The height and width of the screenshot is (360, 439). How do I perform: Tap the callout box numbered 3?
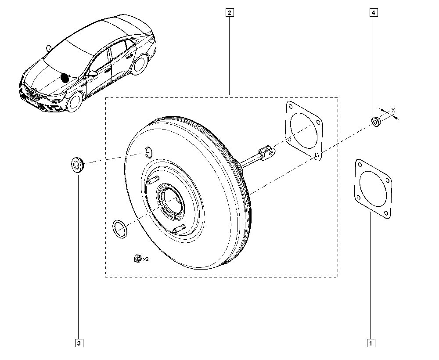(79, 342)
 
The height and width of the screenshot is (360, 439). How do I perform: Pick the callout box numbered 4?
(373, 13)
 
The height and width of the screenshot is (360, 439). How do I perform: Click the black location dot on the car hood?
(65, 78)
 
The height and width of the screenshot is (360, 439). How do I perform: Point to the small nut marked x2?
(136, 259)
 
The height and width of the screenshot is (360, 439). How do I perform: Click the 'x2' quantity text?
(145, 259)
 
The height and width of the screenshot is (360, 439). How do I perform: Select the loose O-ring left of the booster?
(119, 229)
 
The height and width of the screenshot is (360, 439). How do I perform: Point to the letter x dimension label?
(393, 110)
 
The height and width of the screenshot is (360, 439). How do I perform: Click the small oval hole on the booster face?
(148, 152)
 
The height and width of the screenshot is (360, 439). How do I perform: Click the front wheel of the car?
(74, 103)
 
